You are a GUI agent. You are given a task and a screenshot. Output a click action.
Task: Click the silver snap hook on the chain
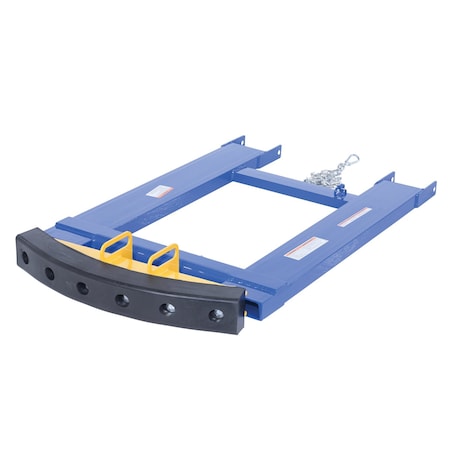349,160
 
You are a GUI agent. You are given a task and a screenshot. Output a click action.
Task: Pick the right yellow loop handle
163,259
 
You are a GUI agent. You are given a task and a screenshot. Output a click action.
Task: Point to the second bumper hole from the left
48,271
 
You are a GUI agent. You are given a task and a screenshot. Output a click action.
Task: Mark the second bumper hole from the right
167,309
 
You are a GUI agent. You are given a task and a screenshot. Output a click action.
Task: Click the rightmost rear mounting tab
430,188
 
